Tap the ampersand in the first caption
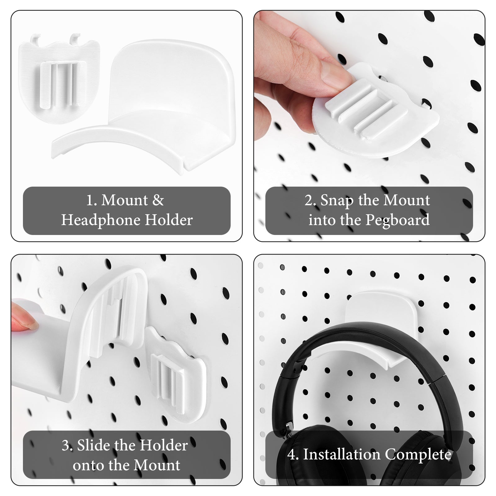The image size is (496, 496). coord(158,200)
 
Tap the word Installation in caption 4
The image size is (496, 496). coord(342,455)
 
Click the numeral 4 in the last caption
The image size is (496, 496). coord(292,455)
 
